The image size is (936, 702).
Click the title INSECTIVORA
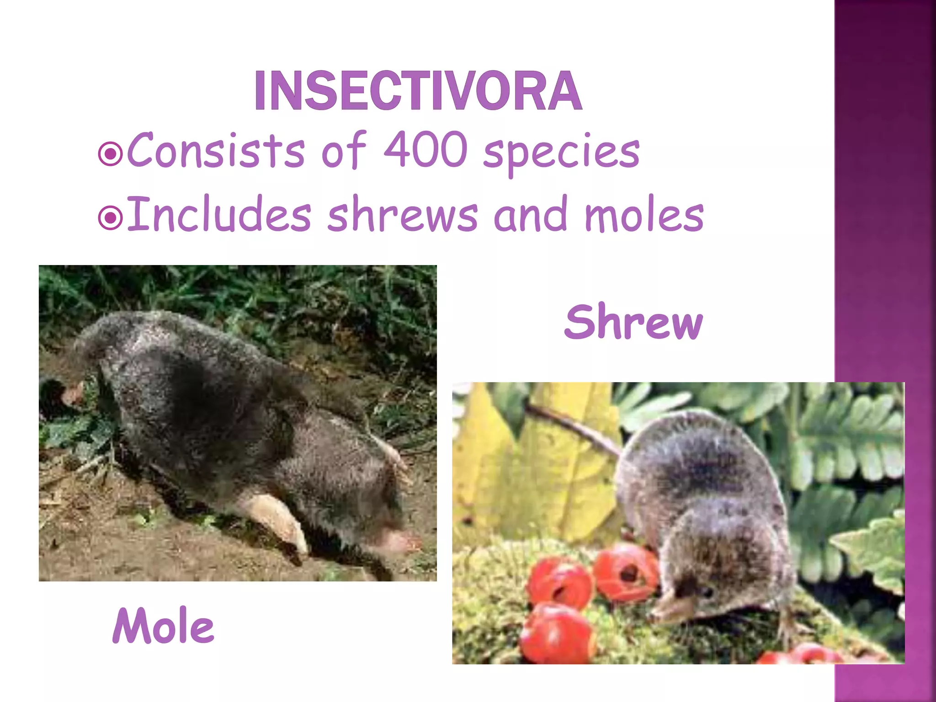tap(418, 91)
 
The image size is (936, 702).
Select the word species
tap(561, 153)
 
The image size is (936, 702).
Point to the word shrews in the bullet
tap(402, 215)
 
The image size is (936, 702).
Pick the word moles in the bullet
tap(644, 215)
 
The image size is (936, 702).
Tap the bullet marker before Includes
tap(110, 218)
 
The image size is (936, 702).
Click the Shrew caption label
tap(633, 322)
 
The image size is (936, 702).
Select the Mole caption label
tap(163, 626)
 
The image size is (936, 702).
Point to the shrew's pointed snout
tap(663, 608)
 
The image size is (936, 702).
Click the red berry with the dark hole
tap(626, 571)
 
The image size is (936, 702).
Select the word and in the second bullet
tap(530, 215)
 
